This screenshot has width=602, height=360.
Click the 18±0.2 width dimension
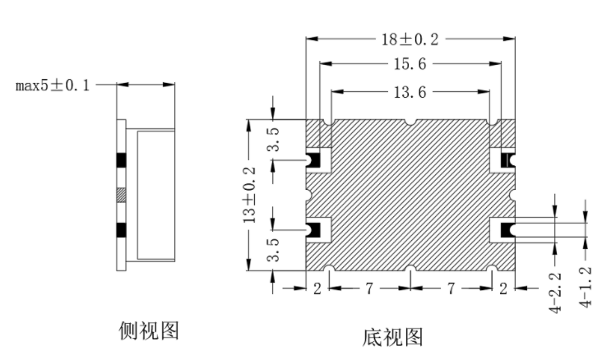coord(410,39)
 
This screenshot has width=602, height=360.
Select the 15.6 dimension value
coord(410,64)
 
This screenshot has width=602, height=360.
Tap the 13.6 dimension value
coord(410,92)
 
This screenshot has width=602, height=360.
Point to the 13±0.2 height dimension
coord(249,195)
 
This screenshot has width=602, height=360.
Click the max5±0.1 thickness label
coord(52,85)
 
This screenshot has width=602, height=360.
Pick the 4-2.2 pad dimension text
coord(555,293)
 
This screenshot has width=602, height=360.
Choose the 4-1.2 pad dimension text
coord(586,287)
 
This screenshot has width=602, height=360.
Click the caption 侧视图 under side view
coord(149,330)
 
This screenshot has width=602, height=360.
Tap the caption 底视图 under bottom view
coord(392,337)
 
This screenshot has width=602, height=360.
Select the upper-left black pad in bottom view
coord(314,160)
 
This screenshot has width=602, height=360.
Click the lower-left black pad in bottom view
coord(314,230)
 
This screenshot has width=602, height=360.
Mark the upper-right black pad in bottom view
coord(507,160)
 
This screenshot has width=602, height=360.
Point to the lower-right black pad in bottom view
coord(507,230)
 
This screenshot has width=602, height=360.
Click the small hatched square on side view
coord(122,195)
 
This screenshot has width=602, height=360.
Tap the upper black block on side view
coord(122,160)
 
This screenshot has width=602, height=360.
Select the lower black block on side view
coord(122,230)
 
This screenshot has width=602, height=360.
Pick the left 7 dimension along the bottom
coord(369,288)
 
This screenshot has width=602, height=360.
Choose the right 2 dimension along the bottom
coord(503,288)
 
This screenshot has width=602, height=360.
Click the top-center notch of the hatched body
coord(410,122)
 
